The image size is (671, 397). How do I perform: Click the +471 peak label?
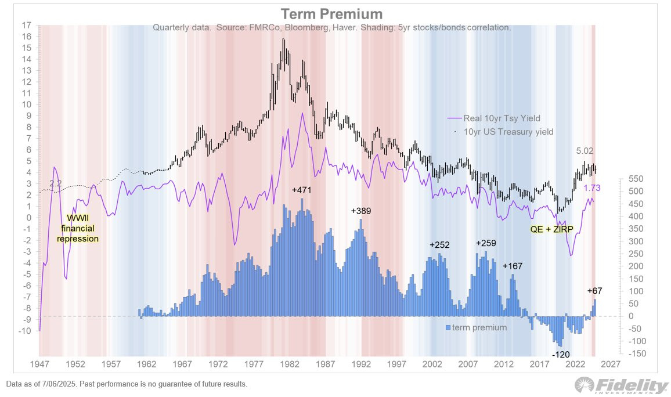coord(302,190)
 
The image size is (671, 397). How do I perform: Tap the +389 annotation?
coord(361,211)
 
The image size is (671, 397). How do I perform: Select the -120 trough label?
coord(561,354)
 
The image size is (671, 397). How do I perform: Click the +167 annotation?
coord(513,266)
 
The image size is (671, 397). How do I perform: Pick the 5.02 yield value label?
coord(586,151)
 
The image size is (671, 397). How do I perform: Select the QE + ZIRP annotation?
coord(551,229)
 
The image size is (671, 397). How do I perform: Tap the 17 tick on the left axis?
coord(25,26)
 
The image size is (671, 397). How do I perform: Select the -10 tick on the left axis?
coord(24,331)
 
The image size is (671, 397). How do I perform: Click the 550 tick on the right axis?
coord(634,179)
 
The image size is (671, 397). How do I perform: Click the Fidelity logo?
coord(621,385)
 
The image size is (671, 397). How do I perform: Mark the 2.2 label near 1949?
coord(56,184)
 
